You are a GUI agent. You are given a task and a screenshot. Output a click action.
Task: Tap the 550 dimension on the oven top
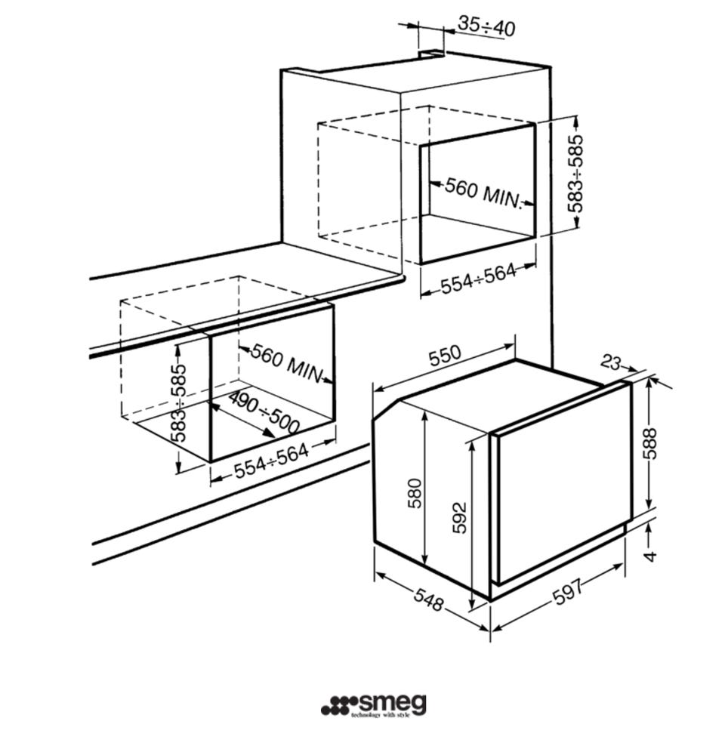coord(445,355)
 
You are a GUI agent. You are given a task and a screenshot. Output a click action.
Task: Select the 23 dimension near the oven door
coord(611,362)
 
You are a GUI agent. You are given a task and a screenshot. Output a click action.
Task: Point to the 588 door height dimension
coord(649,443)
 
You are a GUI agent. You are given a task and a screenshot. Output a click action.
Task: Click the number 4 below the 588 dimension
coord(650,556)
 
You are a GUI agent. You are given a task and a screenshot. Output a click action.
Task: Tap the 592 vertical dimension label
coord(459,517)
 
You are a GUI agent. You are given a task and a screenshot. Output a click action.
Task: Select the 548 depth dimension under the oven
coord(428,600)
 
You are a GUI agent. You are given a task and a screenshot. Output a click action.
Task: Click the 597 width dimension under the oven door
coord(568,592)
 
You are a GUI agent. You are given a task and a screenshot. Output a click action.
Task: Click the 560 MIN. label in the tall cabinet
coord(483,193)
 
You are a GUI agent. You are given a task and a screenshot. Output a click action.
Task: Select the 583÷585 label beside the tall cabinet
coord(575,174)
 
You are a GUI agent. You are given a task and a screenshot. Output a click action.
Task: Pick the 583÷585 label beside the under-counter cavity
coord(178,403)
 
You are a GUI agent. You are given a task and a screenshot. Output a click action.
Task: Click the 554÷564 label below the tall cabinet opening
coord(478,278)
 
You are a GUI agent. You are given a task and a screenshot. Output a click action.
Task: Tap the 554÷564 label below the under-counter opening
coord(271,461)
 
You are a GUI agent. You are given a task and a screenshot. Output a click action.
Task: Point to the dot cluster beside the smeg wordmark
coord(339,706)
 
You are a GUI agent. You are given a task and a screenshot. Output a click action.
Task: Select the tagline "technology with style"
coord(381,715)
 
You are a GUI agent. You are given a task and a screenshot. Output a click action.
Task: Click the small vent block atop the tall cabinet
coord(431,54)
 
